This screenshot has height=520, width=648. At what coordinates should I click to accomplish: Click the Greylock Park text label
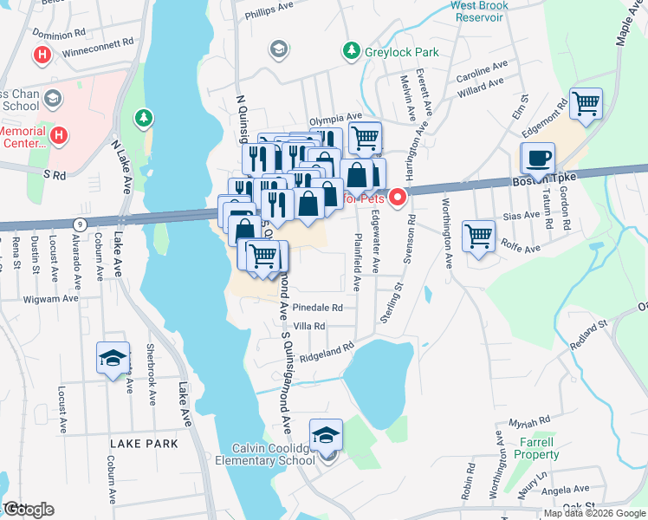401,52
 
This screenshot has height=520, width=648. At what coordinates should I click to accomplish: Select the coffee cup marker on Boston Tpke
537,159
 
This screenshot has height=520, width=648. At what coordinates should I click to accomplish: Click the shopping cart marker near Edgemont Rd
586,104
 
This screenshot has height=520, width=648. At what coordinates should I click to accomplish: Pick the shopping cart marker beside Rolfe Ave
479,235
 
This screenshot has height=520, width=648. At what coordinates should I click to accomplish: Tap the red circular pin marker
398,198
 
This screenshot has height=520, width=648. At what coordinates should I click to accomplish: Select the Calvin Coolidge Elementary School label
273,454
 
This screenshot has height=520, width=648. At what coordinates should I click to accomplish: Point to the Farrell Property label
537,448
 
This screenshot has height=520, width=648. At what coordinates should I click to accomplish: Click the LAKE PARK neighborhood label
144,444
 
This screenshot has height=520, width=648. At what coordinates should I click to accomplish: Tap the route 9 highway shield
79,223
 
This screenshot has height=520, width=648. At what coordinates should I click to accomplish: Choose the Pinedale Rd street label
318,308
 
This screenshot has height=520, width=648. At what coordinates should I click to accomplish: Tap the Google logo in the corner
29,509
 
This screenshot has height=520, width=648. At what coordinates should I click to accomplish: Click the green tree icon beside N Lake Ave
143,116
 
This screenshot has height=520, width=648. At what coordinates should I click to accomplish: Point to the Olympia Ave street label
335,117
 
